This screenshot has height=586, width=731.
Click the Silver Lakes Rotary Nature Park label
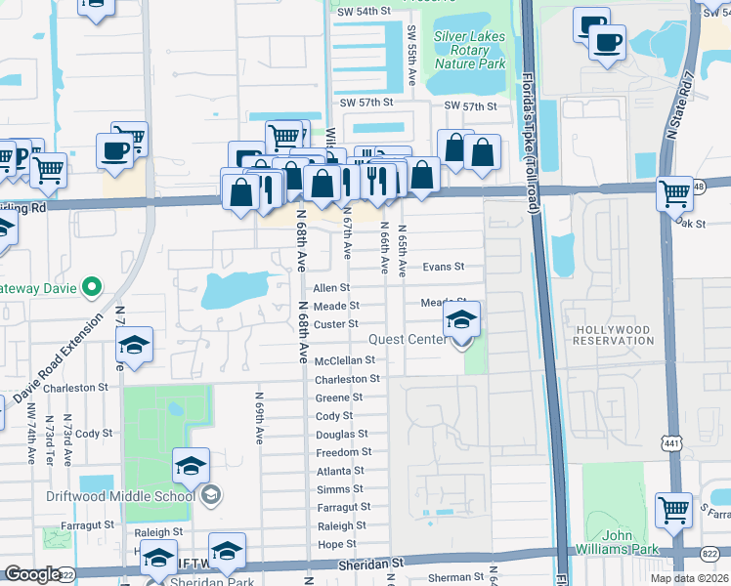[470, 49]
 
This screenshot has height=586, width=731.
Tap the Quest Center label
[408, 340]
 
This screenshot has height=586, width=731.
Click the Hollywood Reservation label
[614, 335]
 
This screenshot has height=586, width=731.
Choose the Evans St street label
[442, 267]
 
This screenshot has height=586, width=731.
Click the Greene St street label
[339, 398]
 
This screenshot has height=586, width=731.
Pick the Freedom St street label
[344, 452]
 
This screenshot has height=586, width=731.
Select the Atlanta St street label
[340, 471]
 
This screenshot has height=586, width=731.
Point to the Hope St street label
[337, 544]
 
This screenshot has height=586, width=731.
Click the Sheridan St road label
[370, 564]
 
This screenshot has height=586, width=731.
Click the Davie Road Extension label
[58, 361]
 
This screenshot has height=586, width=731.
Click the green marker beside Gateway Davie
[91, 287]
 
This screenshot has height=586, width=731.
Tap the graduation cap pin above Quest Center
[461, 318]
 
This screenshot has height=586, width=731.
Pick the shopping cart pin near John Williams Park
[673, 510]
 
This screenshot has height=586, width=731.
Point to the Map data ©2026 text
[690, 578]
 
